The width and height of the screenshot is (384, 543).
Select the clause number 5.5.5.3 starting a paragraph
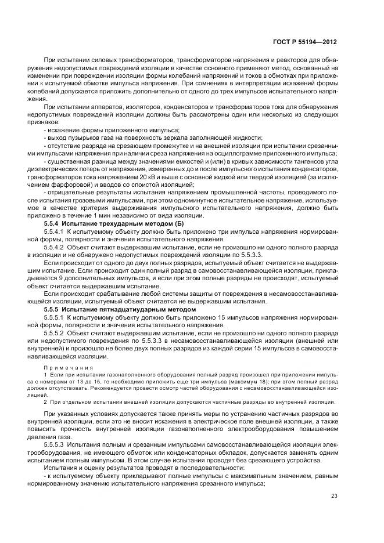pos(54,443)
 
